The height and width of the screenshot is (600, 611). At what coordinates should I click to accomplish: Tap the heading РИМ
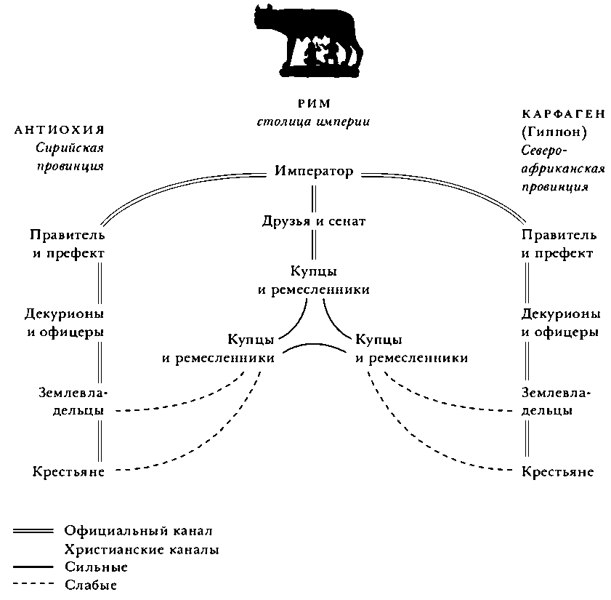[313, 103]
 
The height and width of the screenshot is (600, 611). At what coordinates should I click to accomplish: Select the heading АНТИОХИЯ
[60, 130]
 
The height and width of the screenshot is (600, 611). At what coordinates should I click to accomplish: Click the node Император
[314, 172]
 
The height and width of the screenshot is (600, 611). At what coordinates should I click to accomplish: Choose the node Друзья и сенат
[314, 220]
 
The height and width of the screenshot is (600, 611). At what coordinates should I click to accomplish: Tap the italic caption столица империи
[313, 121]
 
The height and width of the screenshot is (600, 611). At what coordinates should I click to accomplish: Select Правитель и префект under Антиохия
[68, 244]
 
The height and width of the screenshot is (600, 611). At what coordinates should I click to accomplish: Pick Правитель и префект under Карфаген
[559, 244]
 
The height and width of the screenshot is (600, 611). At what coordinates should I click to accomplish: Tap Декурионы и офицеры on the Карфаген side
[561, 322]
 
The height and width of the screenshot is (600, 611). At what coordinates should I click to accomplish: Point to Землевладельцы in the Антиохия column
[72, 401]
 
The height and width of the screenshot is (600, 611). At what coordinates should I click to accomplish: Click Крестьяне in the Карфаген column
[558, 471]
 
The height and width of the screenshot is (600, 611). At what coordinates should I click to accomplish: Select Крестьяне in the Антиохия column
[68, 471]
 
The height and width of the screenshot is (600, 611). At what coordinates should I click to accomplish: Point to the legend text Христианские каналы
[141, 549]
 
